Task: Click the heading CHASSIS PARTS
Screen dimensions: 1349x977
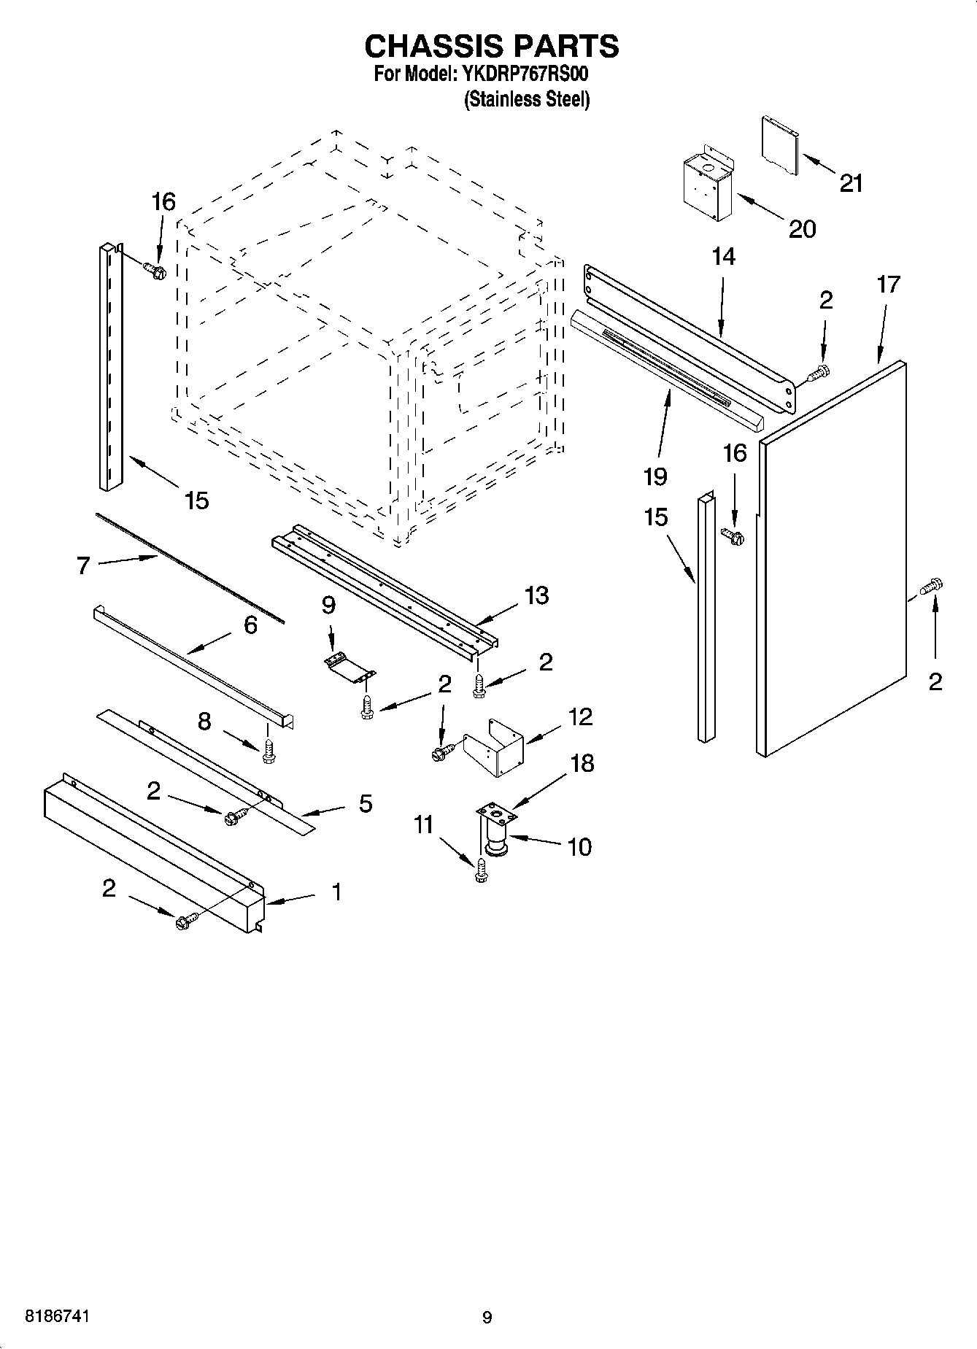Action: (491, 46)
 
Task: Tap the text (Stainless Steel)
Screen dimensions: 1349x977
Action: (527, 100)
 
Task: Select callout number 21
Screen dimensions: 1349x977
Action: (851, 183)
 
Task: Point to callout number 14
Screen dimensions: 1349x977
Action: (723, 257)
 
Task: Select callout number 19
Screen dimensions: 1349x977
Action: (655, 476)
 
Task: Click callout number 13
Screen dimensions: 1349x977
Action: (536, 595)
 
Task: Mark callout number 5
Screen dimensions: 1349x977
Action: (365, 803)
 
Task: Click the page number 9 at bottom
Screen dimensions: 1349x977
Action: (487, 1317)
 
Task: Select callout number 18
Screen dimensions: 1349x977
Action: (582, 763)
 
